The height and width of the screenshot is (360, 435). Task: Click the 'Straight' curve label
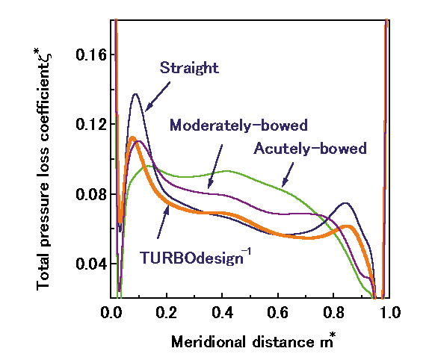click(x=189, y=69)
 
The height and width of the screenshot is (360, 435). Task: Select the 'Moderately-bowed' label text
click(x=238, y=125)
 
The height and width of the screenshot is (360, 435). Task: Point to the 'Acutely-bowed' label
click(x=309, y=148)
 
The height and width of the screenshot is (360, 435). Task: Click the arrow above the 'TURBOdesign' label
click(x=162, y=222)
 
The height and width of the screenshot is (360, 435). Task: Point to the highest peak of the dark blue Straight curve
click(x=136, y=94)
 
